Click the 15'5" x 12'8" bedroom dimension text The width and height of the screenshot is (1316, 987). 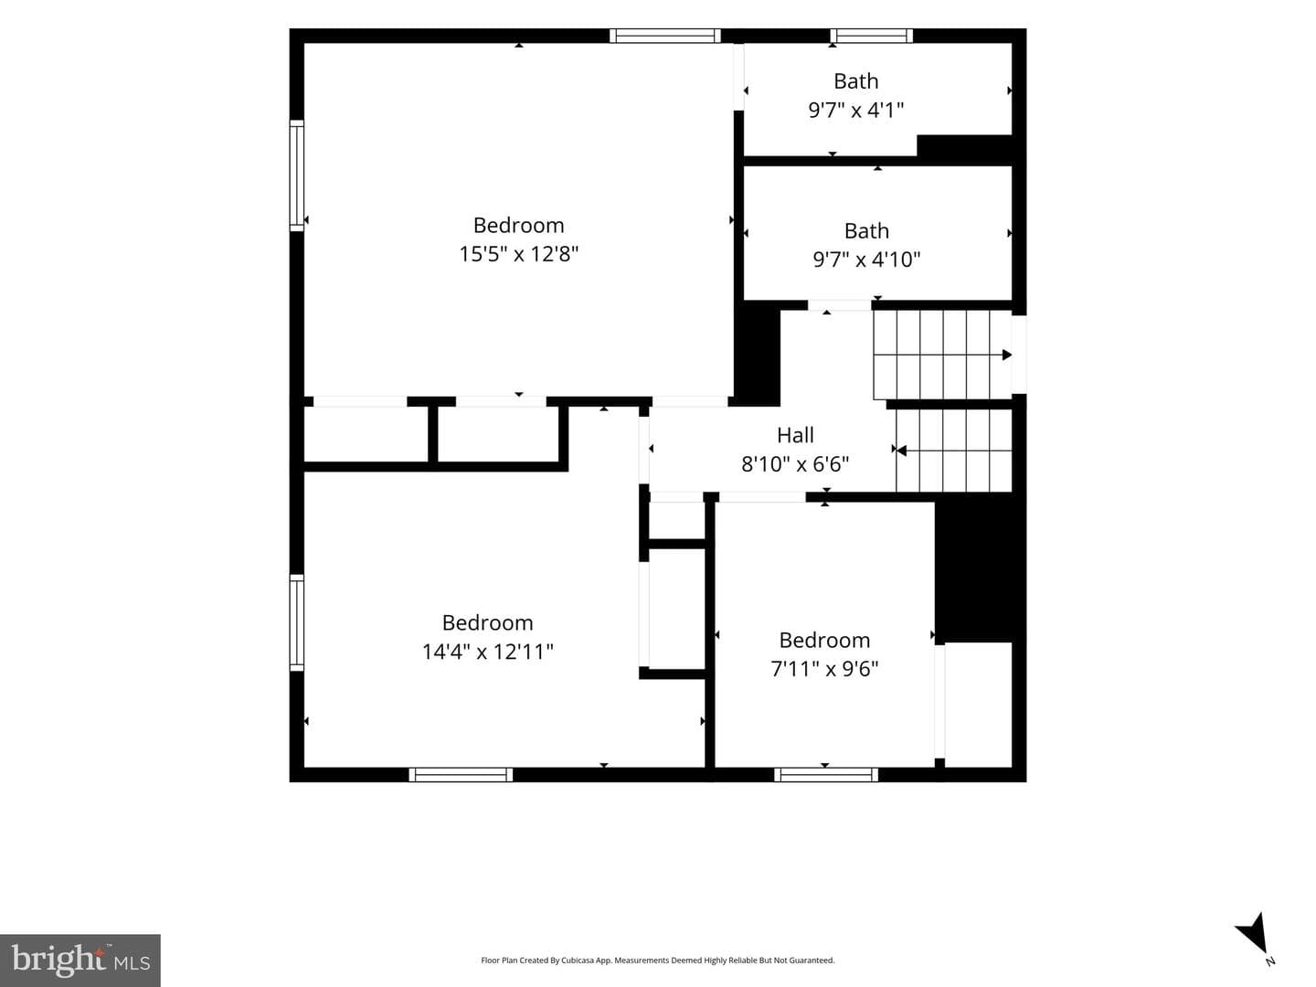[518, 254]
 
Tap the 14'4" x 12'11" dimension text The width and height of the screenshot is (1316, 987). [487, 652]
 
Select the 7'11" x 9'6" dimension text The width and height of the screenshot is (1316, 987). [824, 669]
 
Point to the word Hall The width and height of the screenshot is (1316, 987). [795, 435]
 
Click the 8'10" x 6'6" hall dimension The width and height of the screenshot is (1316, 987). [795, 464]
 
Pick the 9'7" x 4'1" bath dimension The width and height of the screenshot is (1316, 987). [855, 111]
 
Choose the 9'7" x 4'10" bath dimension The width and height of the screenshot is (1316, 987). [866, 260]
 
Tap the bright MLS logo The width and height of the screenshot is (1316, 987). [80, 960]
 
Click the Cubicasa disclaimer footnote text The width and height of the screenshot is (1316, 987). [658, 960]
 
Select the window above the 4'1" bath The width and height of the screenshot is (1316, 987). [871, 36]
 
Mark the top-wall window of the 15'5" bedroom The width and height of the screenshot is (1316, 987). [665, 36]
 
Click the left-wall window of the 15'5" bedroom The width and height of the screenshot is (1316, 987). [297, 175]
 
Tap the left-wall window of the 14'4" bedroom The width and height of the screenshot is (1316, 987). [297, 622]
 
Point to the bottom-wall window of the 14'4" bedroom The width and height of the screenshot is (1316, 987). [461, 775]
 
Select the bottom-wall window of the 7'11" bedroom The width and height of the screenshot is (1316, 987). [826, 775]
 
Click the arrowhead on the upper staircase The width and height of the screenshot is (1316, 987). [1007, 355]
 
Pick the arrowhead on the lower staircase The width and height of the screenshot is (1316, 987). [901, 450]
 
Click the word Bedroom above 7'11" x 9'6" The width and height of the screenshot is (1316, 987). [824, 640]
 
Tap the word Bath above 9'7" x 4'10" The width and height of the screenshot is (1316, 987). [866, 230]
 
